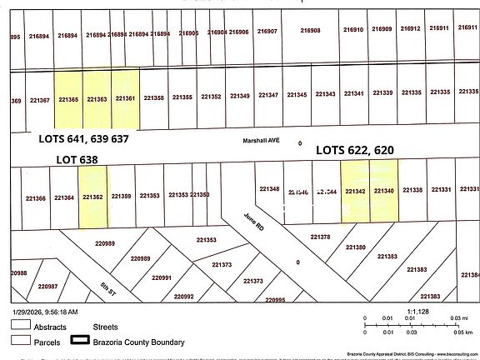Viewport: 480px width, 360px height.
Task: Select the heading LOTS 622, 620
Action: [354, 150]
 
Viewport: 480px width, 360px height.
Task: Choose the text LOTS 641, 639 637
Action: [84, 139]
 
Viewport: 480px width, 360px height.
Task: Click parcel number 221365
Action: [67, 99]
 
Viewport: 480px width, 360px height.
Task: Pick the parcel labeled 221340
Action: [383, 191]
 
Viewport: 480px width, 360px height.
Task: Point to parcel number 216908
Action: [309, 30]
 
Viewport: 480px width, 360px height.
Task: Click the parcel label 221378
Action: [320, 237]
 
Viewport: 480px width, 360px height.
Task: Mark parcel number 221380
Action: [355, 247]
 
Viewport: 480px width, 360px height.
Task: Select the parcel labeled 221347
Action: [268, 95]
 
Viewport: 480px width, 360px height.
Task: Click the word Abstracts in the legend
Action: [49, 327]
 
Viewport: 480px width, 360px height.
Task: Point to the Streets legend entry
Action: [106, 327]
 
